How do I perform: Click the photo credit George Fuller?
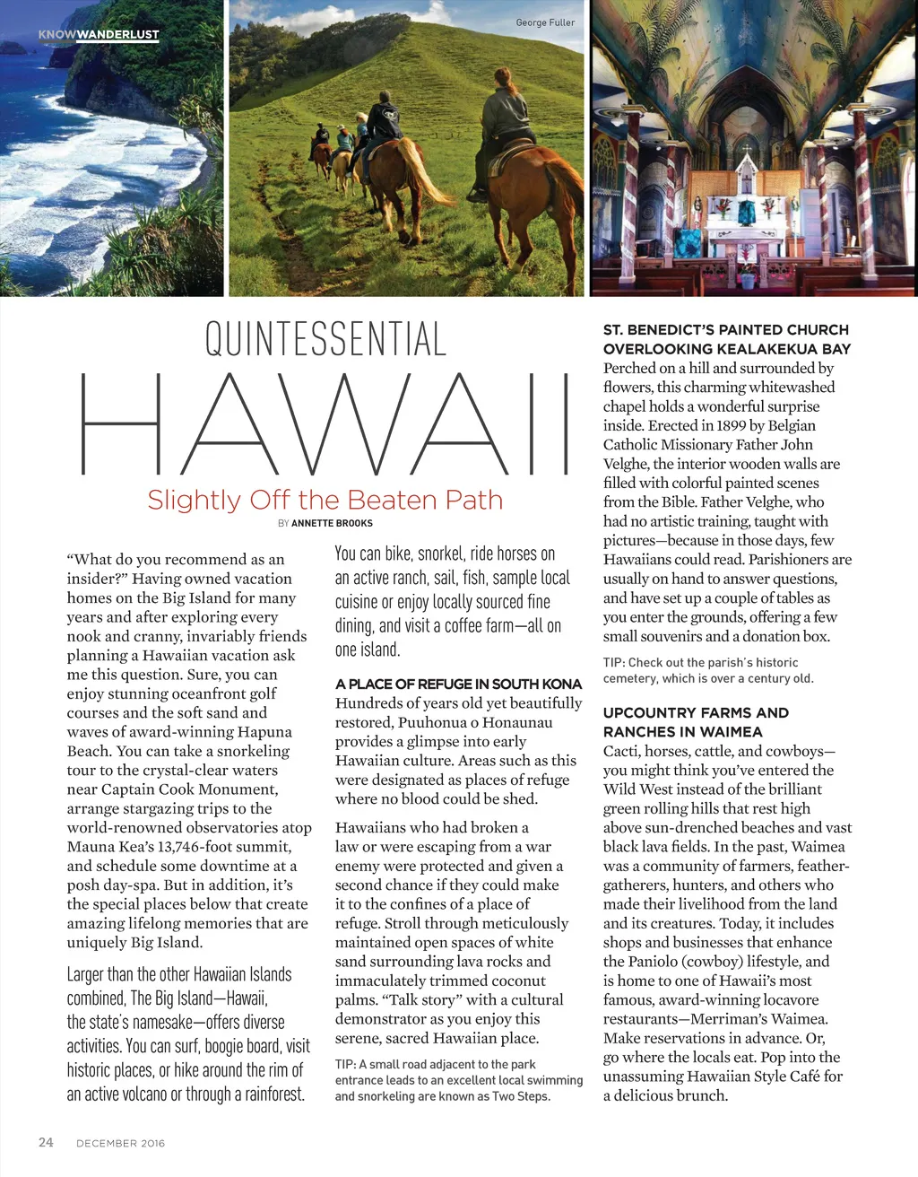545,22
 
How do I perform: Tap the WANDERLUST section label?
117,35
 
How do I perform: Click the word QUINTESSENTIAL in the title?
325,339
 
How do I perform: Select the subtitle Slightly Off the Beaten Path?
325,500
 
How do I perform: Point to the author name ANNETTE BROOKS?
332,523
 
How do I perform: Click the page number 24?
46,1142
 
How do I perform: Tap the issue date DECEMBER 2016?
120,1143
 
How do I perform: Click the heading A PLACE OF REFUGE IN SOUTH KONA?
458,684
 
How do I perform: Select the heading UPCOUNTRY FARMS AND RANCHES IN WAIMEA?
696,722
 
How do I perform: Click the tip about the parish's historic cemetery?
708,670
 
